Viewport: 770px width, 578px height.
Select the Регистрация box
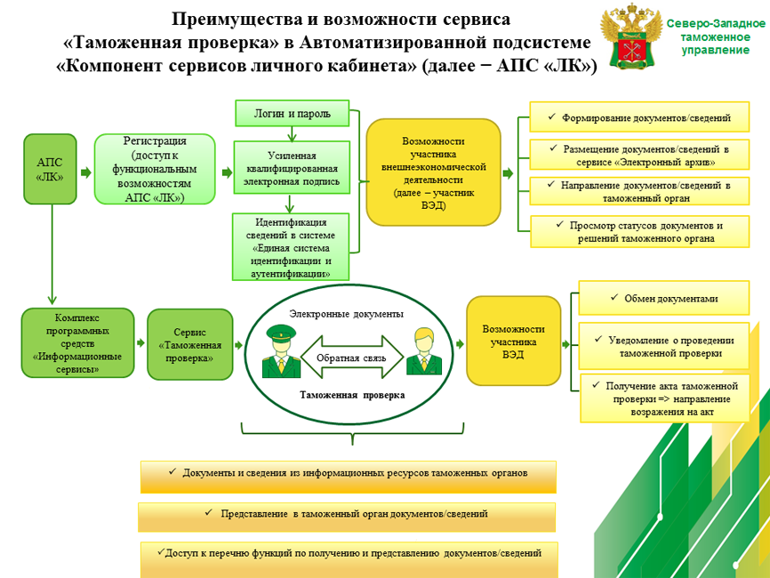155,170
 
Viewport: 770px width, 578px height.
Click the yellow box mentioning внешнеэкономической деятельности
433,173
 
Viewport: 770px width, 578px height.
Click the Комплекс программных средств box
77,342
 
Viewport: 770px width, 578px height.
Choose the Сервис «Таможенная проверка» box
189,344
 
